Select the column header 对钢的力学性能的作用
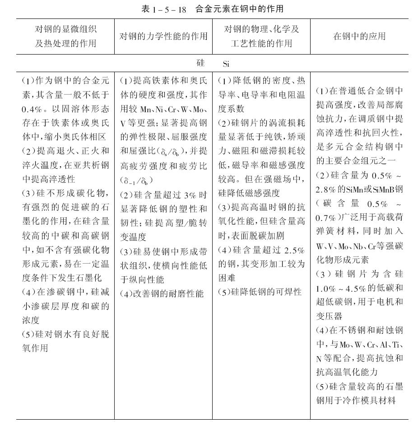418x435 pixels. [163, 37]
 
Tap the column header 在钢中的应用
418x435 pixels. [359, 37]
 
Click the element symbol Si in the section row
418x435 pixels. [227, 64]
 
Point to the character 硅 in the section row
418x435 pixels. [200, 63]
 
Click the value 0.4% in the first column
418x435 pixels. [34, 109]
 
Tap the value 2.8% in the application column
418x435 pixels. [327, 189]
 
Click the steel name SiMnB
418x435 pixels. [383, 189]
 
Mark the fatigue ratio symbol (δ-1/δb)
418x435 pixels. [137, 181]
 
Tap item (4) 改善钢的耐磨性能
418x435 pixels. [162, 293]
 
